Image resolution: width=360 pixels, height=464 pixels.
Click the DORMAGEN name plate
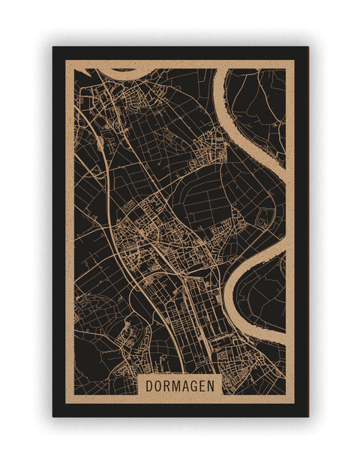(180, 386)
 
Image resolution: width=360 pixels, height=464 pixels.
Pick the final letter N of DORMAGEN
(211, 386)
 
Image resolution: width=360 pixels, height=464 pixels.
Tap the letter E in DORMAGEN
(202, 386)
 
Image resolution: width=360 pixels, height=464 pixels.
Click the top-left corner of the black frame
(53, 47)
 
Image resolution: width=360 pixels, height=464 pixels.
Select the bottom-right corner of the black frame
(307, 416)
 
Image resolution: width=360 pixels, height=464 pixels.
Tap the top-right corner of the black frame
(307, 47)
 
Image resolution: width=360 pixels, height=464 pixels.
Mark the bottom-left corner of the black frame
(53, 416)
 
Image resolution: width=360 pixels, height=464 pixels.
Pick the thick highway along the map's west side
(112, 218)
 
